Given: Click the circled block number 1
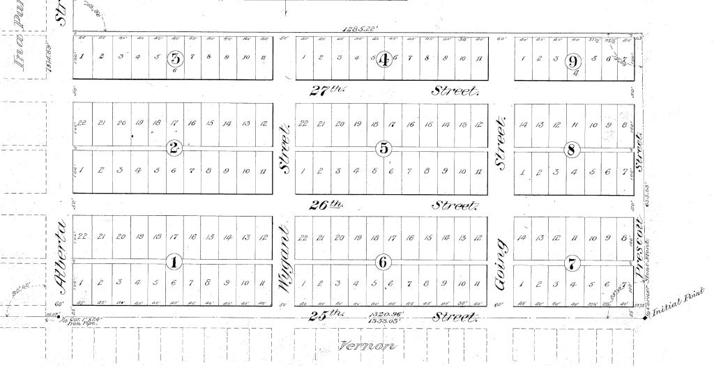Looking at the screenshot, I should [173, 262].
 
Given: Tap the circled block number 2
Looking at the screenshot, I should [174, 148].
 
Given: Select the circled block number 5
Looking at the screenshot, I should [383, 148].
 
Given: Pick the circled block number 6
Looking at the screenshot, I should [383, 262].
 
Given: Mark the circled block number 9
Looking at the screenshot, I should [574, 60].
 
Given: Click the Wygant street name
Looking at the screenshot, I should [284, 258].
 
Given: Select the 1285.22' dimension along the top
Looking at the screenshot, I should [359, 29].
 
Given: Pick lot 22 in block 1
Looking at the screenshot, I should [82, 237].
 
